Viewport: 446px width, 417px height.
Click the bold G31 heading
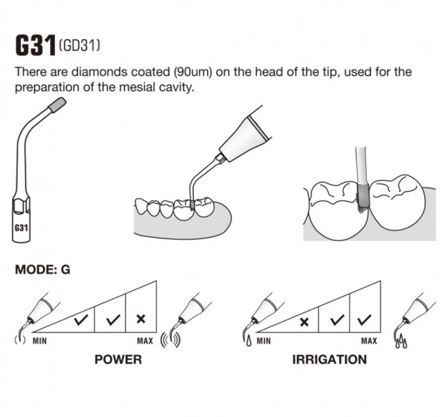[x=35, y=45]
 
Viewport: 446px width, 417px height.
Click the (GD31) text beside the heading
[x=79, y=46]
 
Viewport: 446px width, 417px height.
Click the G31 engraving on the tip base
[x=21, y=228]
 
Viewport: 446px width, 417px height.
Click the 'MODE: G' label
[x=42, y=270]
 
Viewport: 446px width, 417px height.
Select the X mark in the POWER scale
[x=141, y=319]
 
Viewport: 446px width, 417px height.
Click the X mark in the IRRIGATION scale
[x=304, y=322]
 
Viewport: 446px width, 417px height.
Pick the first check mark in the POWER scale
[x=81, y=320]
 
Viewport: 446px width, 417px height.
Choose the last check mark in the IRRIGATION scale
[x=364, y=320]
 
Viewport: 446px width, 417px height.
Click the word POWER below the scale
[x=118, y=359]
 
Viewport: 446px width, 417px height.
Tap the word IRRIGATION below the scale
[x=330, y=359]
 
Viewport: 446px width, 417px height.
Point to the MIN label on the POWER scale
[x=40, y=341]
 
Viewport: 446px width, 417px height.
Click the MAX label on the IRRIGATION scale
[x=369, y=341]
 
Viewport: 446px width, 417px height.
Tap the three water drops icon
[x=401, y=341]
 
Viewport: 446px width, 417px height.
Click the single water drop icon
[x=249, y=341]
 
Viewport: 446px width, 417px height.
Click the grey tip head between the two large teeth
[x=363, y=197]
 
